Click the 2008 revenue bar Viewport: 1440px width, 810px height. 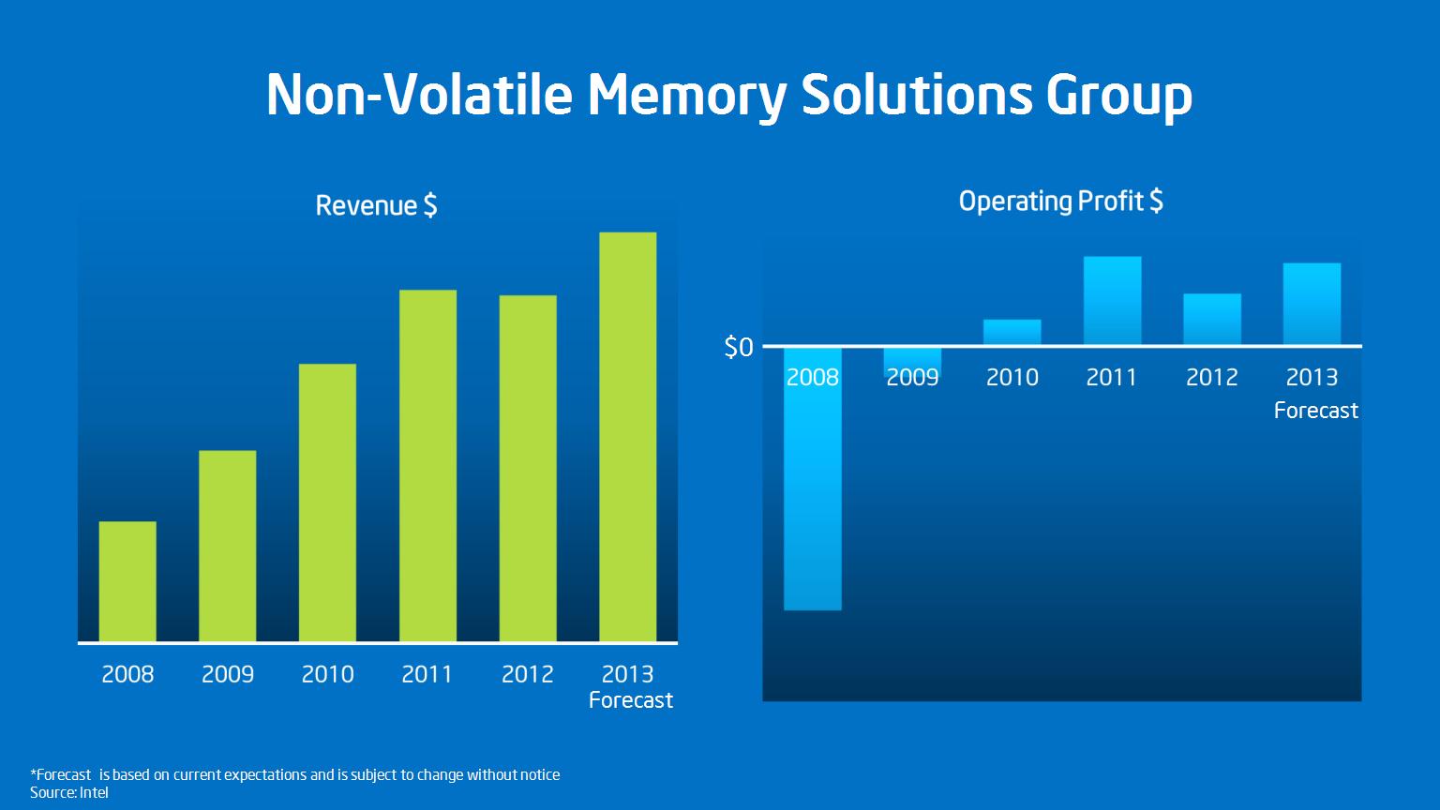coord(127,581)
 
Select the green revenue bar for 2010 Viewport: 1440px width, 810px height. coord(327,502)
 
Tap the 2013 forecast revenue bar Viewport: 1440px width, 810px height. coord(627,437)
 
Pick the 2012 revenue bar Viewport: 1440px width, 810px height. coord(528,469)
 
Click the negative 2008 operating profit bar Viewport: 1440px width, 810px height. coord(813,479)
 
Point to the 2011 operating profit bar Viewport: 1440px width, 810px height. coord(1112,300)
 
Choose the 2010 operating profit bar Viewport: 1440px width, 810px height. coord(1012,332)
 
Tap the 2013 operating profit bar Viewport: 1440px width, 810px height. coord(1312,304)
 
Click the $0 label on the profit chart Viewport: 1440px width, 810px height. coord(739,347)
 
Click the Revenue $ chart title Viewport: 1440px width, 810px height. coord(376,205)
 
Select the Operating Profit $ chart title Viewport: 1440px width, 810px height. coord(1060,202)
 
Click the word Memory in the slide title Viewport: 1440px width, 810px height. coord(686,95)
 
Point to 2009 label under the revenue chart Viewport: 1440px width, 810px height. coord(228,674)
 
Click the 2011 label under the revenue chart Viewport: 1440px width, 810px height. coord(427,674)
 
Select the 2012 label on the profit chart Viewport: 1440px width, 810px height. coord(1212,378)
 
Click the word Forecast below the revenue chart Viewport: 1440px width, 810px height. coord(631,700)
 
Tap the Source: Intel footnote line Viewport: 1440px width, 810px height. coord(68,792)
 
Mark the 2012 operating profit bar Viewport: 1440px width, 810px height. coord(1212,319)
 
